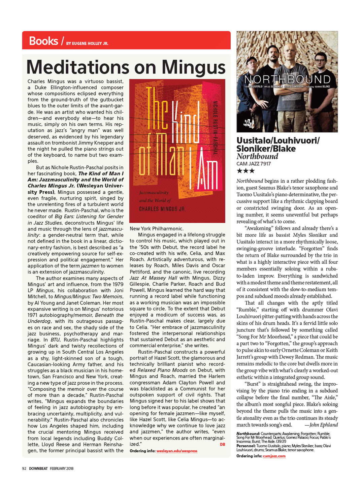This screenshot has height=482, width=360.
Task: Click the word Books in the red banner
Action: click(43, 41)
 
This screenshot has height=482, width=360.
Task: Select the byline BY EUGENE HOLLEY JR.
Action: click(87, 43)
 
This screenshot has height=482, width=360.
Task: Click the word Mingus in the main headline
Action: click(193, 67)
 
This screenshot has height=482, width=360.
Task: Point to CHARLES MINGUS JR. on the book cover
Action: click(162, 209)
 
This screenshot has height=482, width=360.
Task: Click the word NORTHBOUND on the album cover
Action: click(287, 79)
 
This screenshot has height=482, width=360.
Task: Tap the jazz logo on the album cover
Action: click(248, 123)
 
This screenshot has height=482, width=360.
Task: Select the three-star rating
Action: click(246, 171)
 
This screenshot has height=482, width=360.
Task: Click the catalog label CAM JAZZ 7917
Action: click(254, 164)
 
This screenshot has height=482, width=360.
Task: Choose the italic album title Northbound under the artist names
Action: click(257, 156)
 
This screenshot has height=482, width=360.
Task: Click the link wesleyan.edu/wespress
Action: click(177, 451)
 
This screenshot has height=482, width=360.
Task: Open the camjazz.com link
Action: click(274, 456)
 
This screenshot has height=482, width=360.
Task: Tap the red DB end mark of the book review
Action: click(222, 445)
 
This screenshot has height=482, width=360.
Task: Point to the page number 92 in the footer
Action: click(24, 469)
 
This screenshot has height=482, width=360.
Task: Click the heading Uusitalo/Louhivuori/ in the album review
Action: click(278, 140)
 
